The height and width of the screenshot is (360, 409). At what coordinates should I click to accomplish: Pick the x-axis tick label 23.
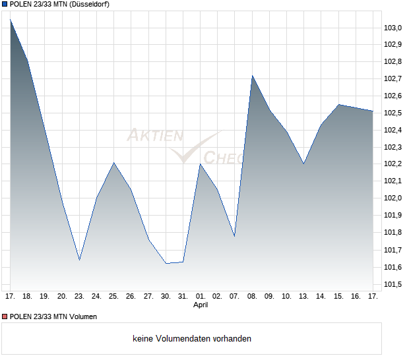pyautogui.click(x=79, y=296)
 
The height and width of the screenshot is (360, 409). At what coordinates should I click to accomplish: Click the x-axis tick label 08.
pyautogui.click(x=252, y=296)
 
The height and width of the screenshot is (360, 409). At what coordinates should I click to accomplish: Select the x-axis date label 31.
pyautogui.click(x=183, y=296)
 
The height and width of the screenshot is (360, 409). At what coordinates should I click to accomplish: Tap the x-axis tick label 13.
pyautogui.click(x=304, y=296)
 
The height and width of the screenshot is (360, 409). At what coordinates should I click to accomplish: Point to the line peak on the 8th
pyautogui.click(x=252, y=75)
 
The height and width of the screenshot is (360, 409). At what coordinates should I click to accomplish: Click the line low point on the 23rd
pyautogui.click(x=79, y=260)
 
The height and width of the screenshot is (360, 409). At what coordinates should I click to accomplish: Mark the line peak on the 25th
pyautogui.click(x=114, y=162)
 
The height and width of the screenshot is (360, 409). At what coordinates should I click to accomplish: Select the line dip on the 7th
pyautogui.click(x=235, y=236)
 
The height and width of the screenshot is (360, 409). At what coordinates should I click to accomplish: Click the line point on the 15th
pyautogui.click(x=339, y=104)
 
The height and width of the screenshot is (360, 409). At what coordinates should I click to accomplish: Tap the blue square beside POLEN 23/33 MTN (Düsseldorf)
pyautogui.click(x=5, y=5)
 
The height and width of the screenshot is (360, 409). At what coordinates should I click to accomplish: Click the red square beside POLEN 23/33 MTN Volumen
pyautogui.click(x=5, y=316)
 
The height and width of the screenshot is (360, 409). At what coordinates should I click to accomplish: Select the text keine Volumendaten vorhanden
pyautogui.click(x=192, y=339)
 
